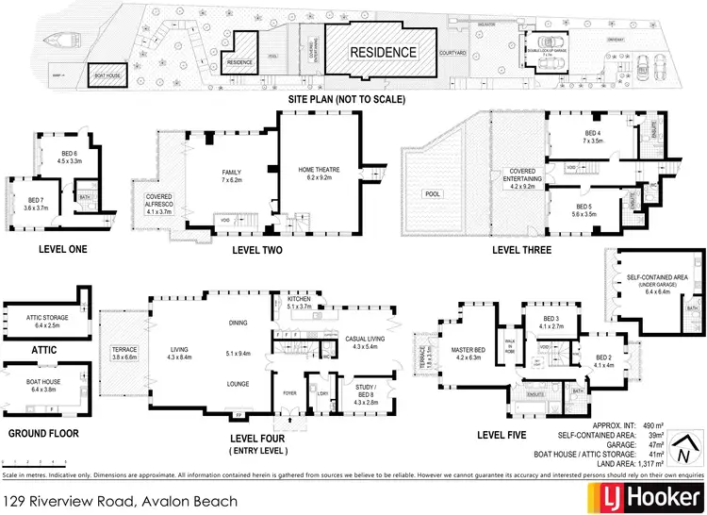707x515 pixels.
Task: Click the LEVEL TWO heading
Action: point(256,250)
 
